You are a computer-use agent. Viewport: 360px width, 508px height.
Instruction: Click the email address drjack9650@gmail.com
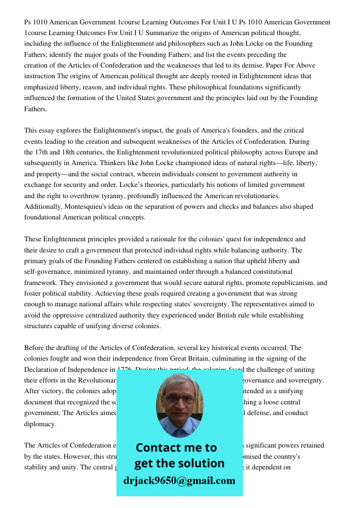[x=179, y=481]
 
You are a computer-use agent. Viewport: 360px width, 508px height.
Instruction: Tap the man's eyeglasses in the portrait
[x=179, y=399]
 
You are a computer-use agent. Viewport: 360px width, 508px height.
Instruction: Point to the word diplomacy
[x=40, y=424]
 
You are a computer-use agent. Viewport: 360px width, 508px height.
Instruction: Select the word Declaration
[x=43, y=369]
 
